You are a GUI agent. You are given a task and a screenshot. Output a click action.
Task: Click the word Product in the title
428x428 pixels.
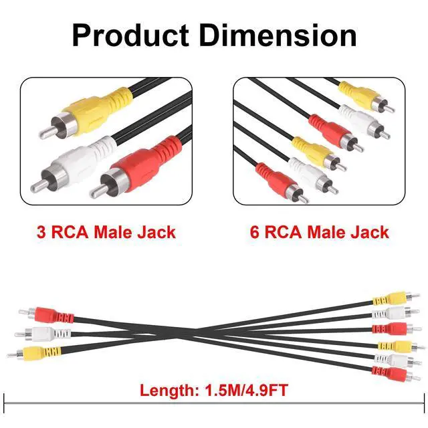click(x=130, y=35)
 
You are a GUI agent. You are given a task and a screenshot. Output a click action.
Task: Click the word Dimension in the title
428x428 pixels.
click(x=278, y=35)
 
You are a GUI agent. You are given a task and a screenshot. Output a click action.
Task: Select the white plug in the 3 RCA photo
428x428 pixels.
click(x=74, y=164)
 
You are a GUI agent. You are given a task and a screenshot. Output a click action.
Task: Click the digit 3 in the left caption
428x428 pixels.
click(x=41, y=232)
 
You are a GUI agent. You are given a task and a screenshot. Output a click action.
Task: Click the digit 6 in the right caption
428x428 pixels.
click(x=254, y=232)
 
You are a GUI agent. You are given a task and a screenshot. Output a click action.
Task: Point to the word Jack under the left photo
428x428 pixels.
click(x=156, y=232)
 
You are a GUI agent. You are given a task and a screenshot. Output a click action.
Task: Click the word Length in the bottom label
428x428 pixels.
click(x=169, y=390)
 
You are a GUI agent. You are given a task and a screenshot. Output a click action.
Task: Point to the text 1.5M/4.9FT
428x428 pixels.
click(x=246, y=390)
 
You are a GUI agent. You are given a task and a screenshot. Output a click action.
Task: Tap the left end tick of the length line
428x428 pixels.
click(x=4, y=403)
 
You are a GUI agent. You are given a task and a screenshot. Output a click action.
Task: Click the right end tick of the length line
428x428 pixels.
click(x=424, y=403)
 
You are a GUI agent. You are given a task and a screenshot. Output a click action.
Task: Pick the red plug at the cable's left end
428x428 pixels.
click(x=46, y=314)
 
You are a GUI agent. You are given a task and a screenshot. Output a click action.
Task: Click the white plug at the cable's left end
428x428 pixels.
click(x=42, y=334)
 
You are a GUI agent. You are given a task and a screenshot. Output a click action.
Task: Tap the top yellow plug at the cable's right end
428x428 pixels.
click(x=396, y=298)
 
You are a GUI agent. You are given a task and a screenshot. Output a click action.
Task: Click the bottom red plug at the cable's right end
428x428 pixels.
click(x=396, y=374)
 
